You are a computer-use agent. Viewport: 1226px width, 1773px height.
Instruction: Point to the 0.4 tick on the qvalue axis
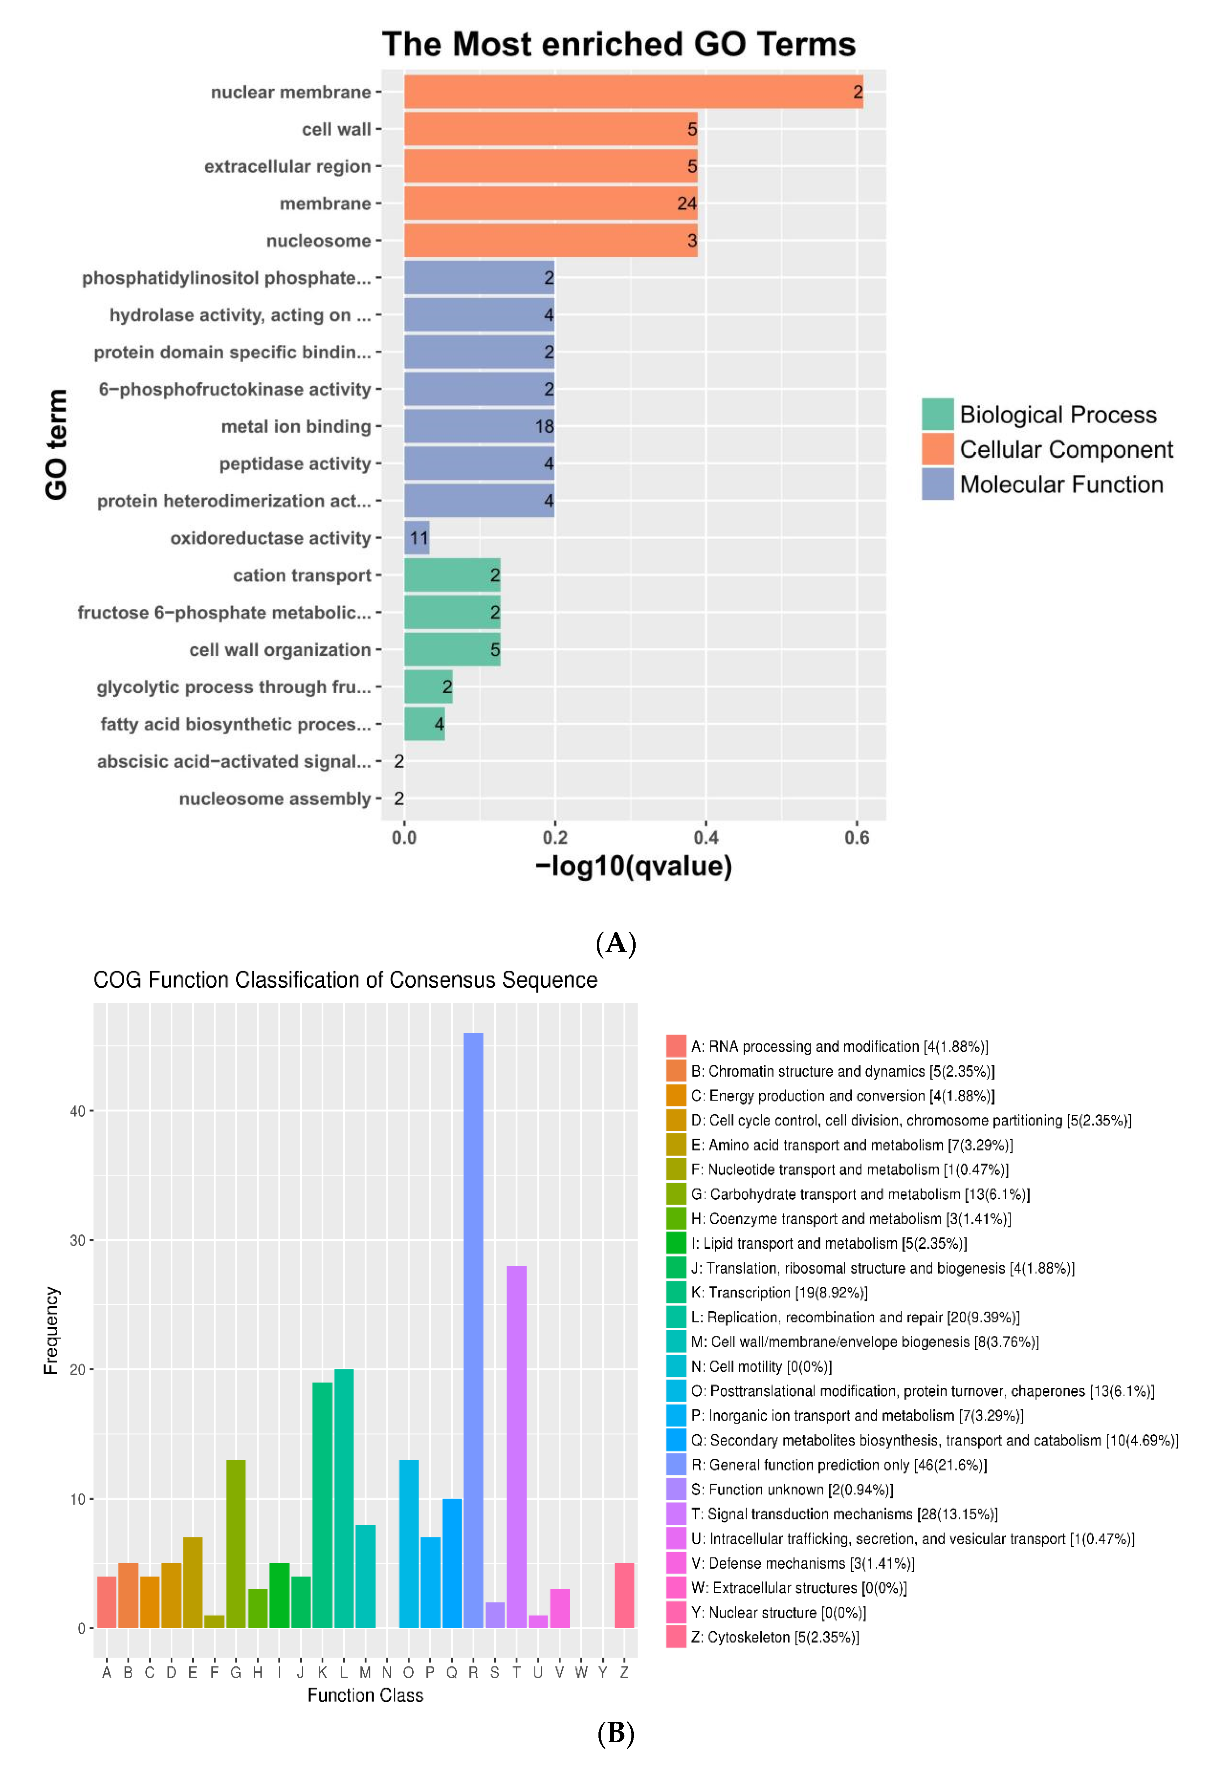pos(706,837)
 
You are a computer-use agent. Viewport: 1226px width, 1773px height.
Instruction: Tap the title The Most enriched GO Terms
pos(618,45)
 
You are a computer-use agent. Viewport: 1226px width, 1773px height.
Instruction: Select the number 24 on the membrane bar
pos(686,204)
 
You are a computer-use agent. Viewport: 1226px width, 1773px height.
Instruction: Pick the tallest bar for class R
pos(473,1329)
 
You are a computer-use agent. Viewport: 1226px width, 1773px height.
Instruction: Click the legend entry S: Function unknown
pos(791,1490)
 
